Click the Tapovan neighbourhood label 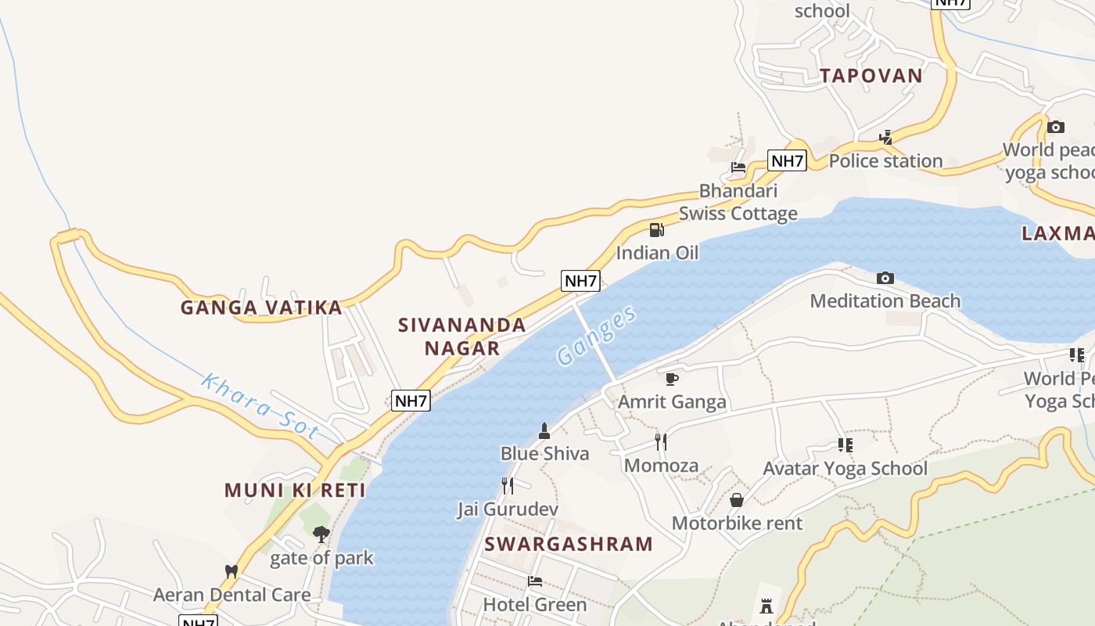click(871, 76)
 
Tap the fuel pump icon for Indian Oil click(657, 229)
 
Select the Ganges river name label click(597, 336)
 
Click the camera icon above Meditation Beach click(885, 278)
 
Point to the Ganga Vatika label click(261, 308)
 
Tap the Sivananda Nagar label click(462, 336)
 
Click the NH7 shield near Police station click(787, 160)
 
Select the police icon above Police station click(885, 138)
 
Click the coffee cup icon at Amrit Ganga click(671, 379)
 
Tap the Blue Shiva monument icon click(544, 430)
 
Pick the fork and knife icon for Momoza click(661, 442)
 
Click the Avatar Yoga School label click(845, 469)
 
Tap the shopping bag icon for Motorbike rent click(736, 499)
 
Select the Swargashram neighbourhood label click(568, 544)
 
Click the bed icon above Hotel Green click(534, 581)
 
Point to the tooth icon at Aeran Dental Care click(231, 571)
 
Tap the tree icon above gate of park click(321, 534)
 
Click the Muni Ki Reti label click(295, 491)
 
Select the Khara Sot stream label click(260, 406)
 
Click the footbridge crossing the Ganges click(594, 342)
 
